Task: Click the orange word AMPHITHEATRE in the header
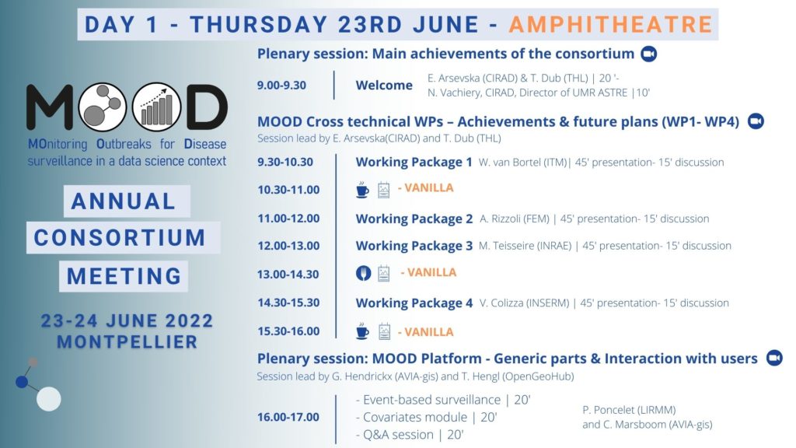click(611, 24)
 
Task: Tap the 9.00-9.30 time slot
click(281, 85)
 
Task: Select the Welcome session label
click(384, 85)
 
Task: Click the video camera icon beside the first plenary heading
click(649, 54)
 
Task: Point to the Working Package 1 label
click(414, 162)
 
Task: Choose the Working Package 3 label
click(414, 246)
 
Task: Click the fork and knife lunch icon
click(363, 273)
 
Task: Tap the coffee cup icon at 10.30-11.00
click(362, 190)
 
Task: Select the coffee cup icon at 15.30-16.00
click(362, 331)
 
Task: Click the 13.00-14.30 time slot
click(288, 275)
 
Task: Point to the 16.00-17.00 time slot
click(288, 417)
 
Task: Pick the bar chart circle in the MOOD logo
click(157, 107)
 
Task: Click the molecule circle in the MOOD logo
click(103, 107)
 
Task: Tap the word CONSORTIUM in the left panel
click(120, 238)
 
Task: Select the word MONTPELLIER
click(127, 342)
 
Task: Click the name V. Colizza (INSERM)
click(524, 303)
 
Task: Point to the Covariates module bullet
click(426, 417)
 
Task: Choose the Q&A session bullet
click(410, 435)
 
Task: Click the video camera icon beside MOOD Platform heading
click(774, 358)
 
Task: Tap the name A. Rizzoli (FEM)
click(515, 219)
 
